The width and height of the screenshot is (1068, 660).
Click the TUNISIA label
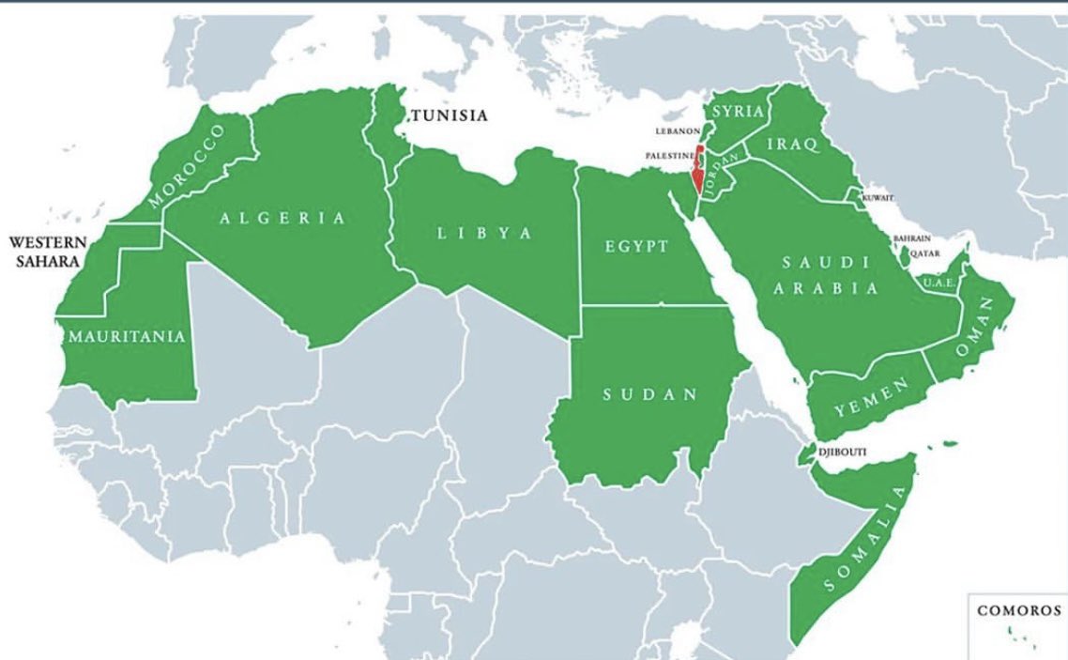[x=450, y=116]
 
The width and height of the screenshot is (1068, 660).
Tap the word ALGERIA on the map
[x=282, y=218]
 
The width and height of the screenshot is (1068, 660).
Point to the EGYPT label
[x=636, y=247]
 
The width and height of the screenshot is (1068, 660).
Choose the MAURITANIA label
[x=125, y=335]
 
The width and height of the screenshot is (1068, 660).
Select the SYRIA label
[x=739, y=111]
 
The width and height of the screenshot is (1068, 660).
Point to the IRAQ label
[x=794, y=144]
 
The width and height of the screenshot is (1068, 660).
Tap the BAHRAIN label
[x=911, y=239]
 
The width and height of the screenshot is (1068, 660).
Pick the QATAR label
[x=924, y=253]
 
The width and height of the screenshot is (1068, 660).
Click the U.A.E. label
[x=938, y=282]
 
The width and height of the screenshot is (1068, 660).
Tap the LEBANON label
[x=678, y=130]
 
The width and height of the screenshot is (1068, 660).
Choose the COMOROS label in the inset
[x=1019, y=609]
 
